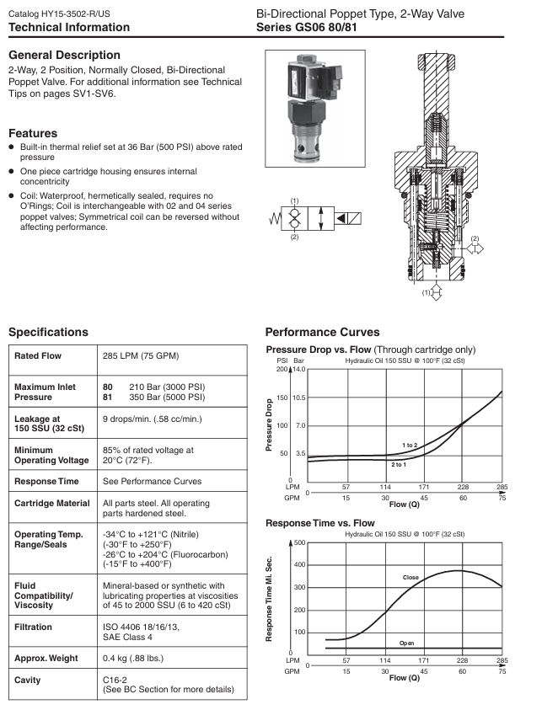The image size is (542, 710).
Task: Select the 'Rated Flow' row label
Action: [x=38, y=356]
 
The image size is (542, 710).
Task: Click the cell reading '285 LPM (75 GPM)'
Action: [x=141, y=356]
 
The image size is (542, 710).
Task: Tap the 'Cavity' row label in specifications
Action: [x=30, y=679]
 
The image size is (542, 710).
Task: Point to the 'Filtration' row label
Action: [x=35, y=627]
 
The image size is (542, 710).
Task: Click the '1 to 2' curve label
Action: [x=409, y=443]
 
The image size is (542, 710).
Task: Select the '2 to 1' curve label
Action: [x=399, y=464]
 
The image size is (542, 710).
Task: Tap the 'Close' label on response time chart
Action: [x=411, y=578]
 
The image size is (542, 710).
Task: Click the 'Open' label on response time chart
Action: [x=406, y=643]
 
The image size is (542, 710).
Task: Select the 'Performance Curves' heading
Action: [x=322, y=332]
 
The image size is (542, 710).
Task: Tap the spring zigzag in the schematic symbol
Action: [x=273, y=218]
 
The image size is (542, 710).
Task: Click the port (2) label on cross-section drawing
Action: [x=475, y=239]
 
